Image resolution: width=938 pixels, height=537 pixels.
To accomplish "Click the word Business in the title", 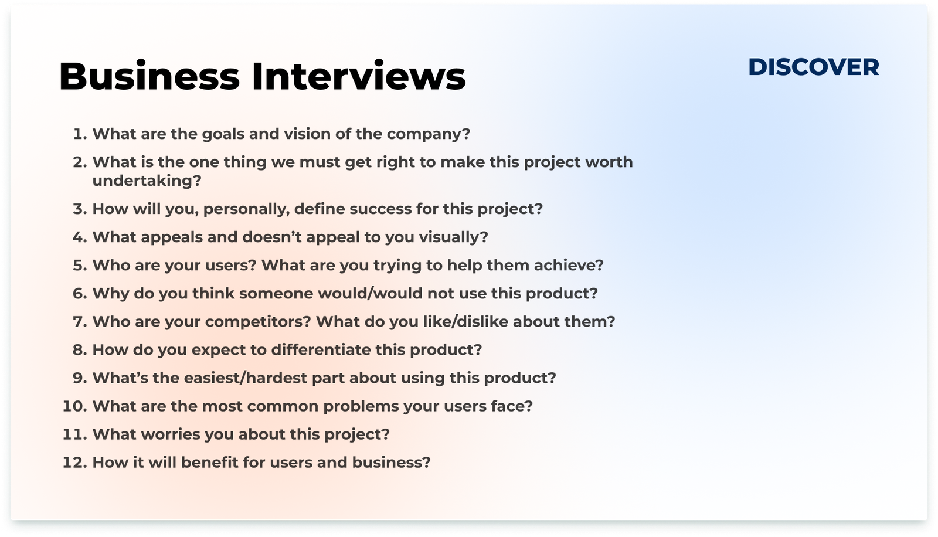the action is click(149, 76).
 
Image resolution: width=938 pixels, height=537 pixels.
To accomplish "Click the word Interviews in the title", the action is click(358, 76).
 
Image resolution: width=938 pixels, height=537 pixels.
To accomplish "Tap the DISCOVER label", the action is click(814, 67).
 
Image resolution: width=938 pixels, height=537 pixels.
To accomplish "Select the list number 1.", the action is click(80, 134).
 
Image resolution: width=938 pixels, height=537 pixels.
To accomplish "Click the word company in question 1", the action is click(429, 135).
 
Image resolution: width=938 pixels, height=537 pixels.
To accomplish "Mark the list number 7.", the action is click(80, 322).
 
